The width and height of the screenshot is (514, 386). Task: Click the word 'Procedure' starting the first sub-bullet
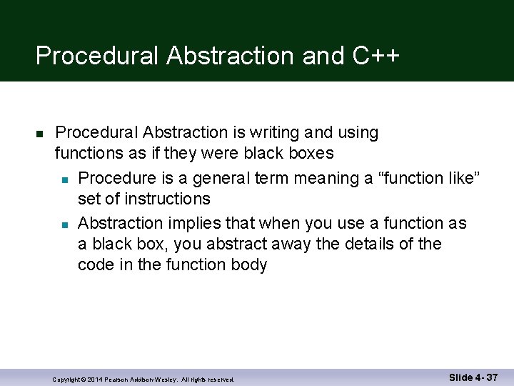pos(116,177)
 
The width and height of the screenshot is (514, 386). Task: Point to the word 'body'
pos(248,264)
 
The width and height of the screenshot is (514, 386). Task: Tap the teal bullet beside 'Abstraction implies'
pos(64,224)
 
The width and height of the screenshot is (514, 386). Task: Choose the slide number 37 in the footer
pos(490,377)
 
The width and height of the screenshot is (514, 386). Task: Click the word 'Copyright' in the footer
pos(68,379)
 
